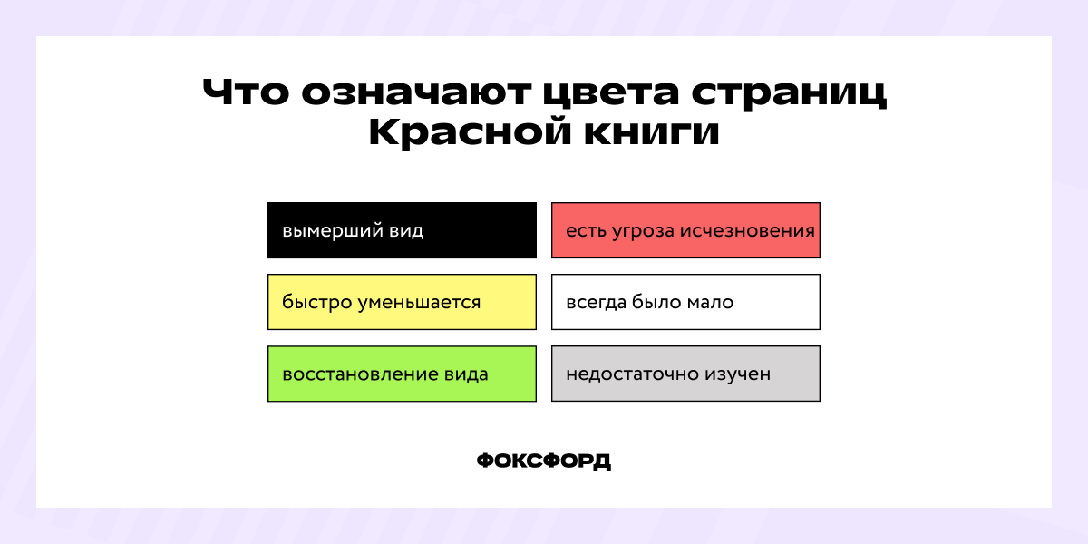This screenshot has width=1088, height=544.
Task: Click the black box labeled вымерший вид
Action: pos(402,230)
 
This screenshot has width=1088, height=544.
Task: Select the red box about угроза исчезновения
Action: pos(685,230)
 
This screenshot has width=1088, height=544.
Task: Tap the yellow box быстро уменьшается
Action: pos(402,302)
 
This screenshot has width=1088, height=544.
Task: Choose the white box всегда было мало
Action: pos(685,302)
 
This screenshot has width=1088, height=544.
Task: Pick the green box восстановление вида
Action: pos(402,374)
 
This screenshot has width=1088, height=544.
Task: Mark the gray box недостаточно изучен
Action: pos(685,374)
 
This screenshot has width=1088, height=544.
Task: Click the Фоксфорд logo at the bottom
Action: pos(544,461)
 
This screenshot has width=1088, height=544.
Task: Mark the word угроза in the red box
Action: pos(639,230)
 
